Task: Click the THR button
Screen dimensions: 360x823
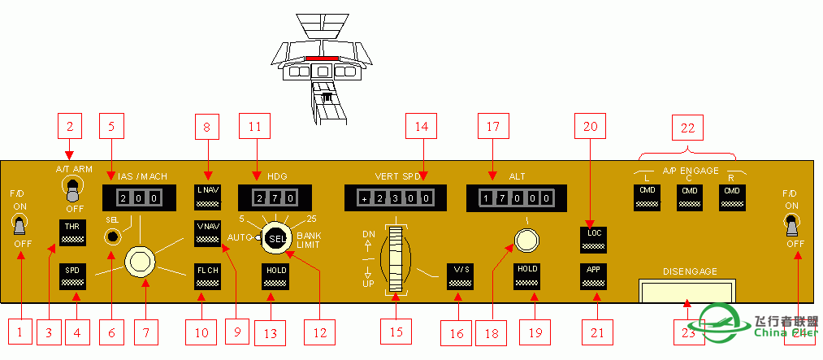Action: coord(72,232)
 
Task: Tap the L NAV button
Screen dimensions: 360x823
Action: coord(208,196)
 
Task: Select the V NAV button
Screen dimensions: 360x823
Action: coord(208,232)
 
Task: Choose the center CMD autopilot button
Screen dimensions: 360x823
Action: coord(690,196)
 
